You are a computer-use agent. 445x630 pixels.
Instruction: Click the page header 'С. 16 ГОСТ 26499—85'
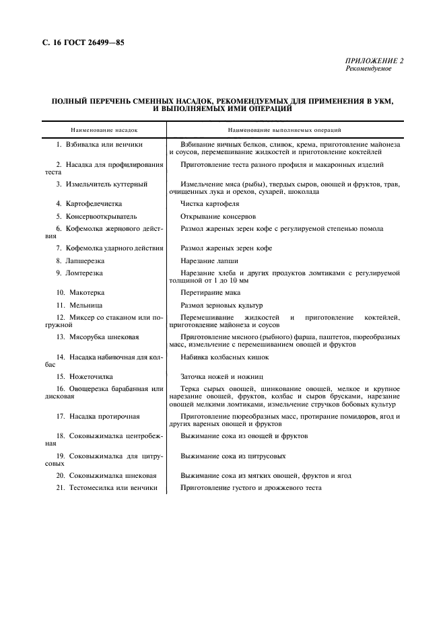tap(79, 42)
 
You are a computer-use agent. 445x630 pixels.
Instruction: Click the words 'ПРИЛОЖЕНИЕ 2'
tap(374, 61)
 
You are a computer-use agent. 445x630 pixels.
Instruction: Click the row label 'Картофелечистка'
tap(86, 203)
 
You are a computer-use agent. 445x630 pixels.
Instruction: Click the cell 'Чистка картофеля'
tap(209, 203)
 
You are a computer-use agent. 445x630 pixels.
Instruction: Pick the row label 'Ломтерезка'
tap(79, 273)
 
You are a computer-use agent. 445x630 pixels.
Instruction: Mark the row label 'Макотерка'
tap(80, 293)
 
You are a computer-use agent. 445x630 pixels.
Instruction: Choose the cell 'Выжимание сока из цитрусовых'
tap(232, 456)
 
